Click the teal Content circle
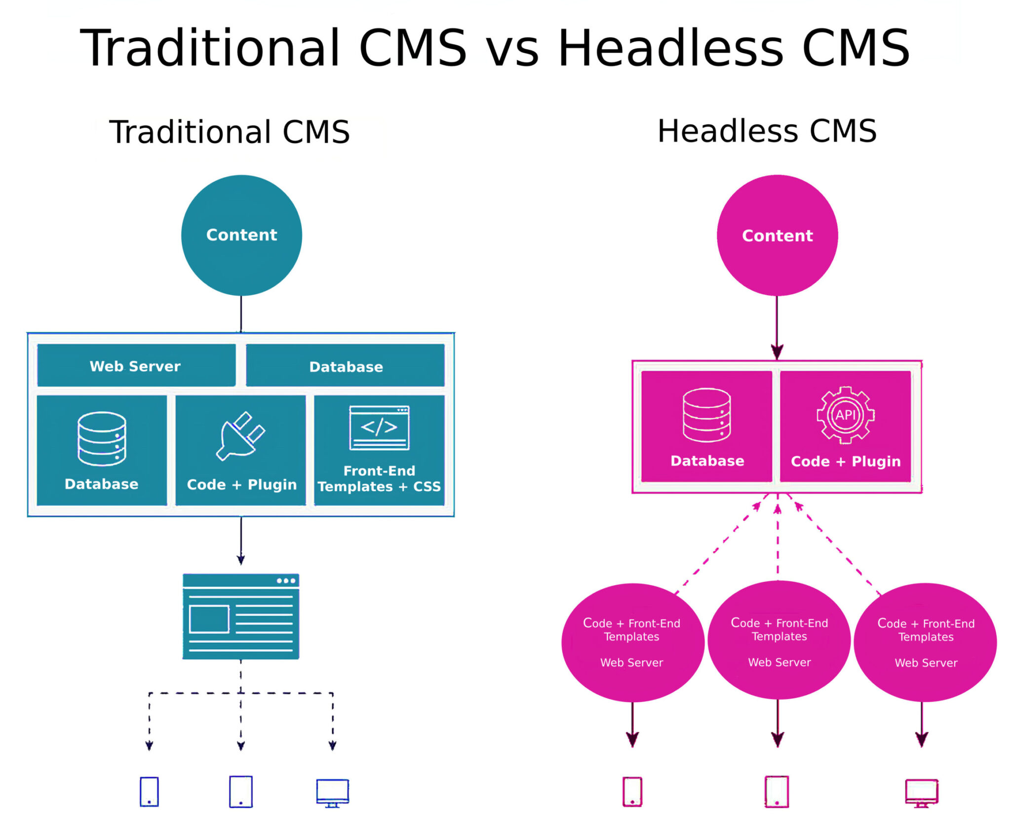(241, 236)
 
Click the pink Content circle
(777, 236)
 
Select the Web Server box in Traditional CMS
(136, 366)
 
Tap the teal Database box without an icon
(345, 366)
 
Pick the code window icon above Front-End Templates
(379, 428)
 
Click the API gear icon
(845, 415)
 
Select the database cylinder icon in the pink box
(706, 415)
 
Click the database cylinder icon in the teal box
(102, 438)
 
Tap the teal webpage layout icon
(241, 616)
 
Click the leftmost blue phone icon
(149, 792)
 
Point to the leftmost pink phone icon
(632, 792)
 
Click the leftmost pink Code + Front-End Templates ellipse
(632, 642)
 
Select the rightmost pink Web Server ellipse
(925, 642)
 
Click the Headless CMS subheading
(767, 131)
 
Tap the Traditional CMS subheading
(230, 132)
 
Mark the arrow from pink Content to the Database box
(777, 328)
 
